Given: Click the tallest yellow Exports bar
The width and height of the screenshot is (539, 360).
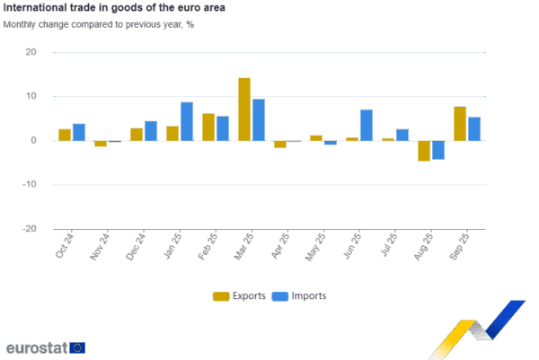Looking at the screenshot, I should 244,110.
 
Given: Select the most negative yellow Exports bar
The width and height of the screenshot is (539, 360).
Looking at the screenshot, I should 424,151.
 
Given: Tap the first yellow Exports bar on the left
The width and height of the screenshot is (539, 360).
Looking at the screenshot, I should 65,135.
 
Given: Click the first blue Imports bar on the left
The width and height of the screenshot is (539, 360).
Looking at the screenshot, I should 79,132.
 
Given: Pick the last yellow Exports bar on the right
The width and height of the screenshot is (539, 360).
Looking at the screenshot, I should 460,124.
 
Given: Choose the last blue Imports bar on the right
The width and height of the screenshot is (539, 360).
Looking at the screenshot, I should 474,129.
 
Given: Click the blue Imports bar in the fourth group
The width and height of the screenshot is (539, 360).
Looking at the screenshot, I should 187,121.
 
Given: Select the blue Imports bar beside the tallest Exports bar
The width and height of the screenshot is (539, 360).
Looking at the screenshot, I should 259,119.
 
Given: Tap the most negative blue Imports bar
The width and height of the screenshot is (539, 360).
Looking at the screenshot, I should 438,150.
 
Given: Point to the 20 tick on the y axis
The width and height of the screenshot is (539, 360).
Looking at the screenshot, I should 31,52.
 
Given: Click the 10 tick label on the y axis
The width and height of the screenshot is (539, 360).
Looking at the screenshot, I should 31,96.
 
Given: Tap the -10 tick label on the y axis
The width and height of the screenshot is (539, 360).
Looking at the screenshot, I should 29,184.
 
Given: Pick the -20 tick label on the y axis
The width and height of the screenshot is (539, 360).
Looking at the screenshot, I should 29,228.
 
